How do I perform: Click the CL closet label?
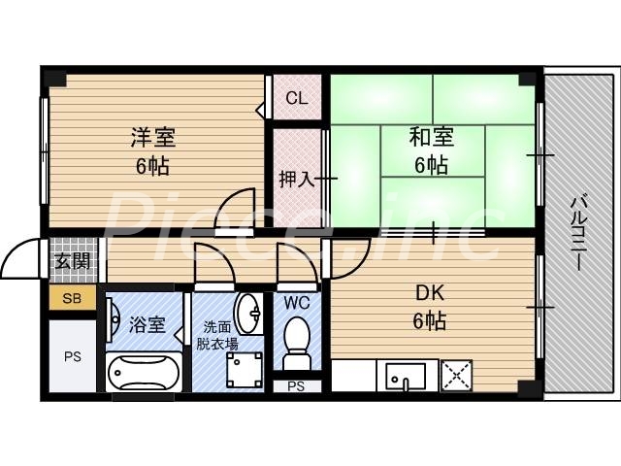coord(296,98)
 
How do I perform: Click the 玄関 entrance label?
coord(72,260)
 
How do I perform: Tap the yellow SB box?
coord(73,299)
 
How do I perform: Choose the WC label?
coord(297,302)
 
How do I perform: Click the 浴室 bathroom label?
coord(147,325)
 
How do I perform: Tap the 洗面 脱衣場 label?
coord(218,335)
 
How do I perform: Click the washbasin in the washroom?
coord(249,313)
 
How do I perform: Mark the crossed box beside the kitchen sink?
coord(457,375)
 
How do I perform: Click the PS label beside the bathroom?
coord(72,356)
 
